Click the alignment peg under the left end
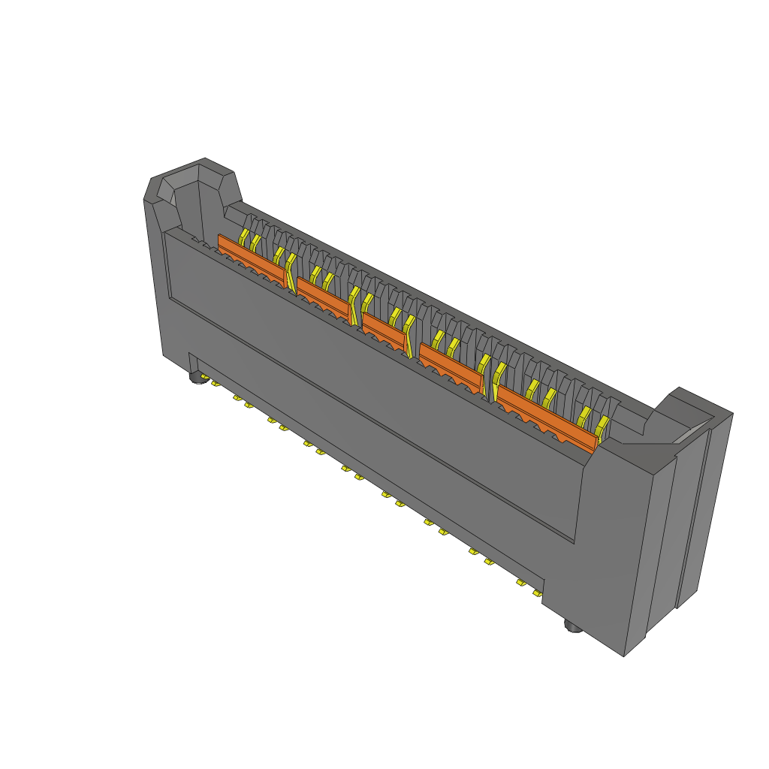198,378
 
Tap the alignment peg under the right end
573,627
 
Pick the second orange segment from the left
321,293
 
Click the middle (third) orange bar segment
383,328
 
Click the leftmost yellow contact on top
243,237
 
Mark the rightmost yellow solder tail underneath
537,593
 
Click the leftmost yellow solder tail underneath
215,384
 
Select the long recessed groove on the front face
368,421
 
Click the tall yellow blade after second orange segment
354,304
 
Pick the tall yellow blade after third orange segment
409,334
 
